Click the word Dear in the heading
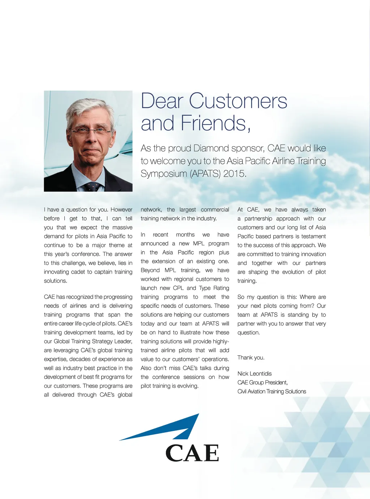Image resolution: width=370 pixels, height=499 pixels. [162, 101]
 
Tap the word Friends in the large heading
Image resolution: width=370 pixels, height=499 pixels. [213, 123]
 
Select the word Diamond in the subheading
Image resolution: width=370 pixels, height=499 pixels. [211, 148]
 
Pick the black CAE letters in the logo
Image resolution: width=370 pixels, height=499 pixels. [192, 453]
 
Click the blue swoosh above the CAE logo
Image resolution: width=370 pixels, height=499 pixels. [170, 429]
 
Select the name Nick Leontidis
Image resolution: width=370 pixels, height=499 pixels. [254, 373]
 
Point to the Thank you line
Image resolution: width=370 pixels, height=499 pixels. [251, 358]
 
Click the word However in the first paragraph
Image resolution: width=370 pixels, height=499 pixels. [121, 210]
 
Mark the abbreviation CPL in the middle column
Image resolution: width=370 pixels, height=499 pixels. [178, 288]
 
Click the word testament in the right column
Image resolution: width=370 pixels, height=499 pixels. [314, 236]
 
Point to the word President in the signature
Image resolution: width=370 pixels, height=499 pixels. [276, 382]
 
